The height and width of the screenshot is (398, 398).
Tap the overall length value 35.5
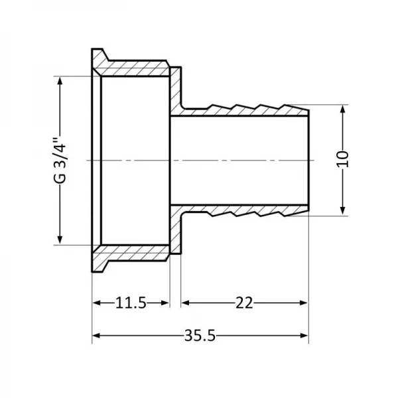(x=199, y=336)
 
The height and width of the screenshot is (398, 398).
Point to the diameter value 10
(x=342, y=160)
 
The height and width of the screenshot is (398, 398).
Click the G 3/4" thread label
(x=60, y=160)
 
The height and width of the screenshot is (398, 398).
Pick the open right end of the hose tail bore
(x=306, y=160)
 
